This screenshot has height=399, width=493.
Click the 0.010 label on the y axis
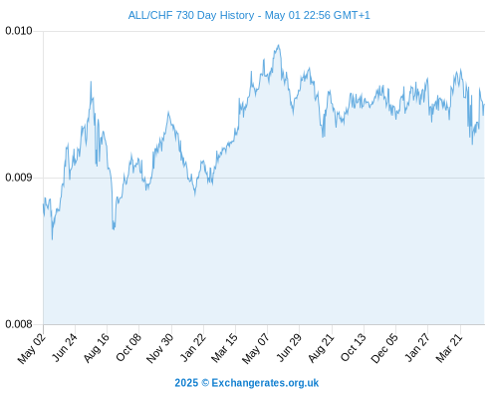19,31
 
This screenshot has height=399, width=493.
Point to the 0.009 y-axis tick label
19,178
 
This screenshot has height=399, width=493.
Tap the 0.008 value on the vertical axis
19,324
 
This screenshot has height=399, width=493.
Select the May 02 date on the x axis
31,348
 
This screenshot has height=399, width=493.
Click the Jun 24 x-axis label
65,347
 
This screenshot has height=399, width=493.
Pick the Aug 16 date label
97,348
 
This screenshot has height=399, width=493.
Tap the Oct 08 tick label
128,347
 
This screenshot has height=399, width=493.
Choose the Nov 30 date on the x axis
160,348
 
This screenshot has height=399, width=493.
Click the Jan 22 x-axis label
193,347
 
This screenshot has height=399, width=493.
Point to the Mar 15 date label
225,347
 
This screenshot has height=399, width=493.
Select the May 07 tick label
256,348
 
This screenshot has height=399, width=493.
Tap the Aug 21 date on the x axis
322,348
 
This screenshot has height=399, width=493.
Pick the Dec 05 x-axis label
384,348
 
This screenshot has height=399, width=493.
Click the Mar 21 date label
449,347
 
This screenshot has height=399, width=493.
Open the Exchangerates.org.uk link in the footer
265,383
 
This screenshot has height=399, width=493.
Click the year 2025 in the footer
186,383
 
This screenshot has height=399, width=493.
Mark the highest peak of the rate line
279,45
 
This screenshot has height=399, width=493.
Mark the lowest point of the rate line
52,239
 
